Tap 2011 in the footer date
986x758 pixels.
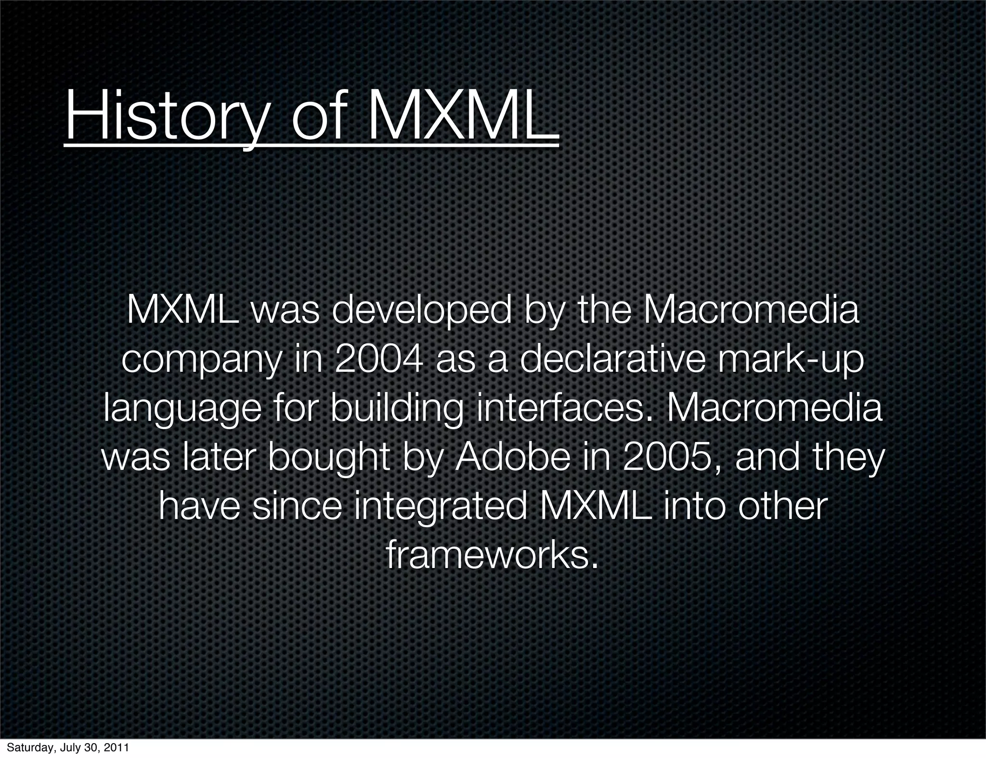click(117, 748)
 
